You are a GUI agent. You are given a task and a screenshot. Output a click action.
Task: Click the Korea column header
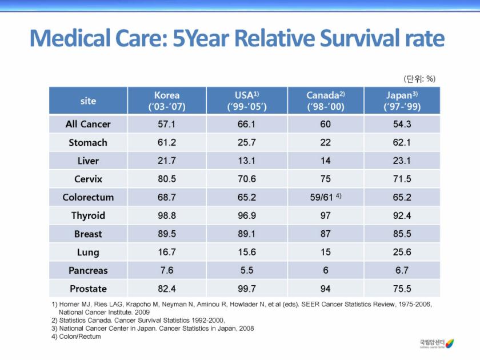coord(167,101)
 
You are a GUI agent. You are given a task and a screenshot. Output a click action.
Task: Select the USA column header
coord(247,101)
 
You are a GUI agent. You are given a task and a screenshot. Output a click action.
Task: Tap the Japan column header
coord(402,101)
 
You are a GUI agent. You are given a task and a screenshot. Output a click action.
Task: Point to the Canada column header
coord(325,101)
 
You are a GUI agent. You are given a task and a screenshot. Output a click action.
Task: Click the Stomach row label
coord(88,142)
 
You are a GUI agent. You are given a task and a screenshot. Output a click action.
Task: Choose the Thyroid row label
coord(88,215)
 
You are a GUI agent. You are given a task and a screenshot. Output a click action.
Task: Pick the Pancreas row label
coord(88,270)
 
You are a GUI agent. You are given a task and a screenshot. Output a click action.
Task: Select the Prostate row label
coord(88,289)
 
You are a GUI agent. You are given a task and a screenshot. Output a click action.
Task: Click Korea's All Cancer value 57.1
coord(166,124)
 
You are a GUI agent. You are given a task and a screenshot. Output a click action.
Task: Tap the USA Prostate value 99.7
coord(247,289)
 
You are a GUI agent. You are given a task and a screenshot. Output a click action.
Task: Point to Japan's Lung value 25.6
coord(402,252)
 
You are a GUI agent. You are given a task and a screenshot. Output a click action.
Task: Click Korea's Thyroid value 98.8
coord(166,215)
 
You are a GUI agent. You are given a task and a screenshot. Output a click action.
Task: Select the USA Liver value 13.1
coord(247,161)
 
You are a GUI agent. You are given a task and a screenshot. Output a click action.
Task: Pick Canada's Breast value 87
coord(325,234)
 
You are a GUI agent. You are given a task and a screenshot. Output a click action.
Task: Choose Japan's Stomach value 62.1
coord(402,142)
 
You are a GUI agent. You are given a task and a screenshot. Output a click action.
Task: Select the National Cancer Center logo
coord(437,343)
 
